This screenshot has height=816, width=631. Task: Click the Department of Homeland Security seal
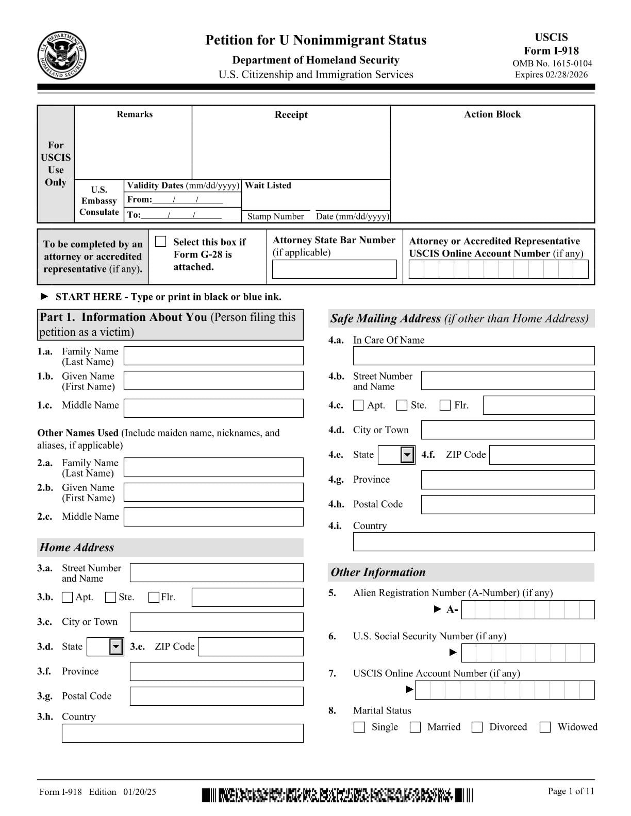pos(62,55)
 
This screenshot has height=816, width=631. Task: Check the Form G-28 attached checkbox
pos(161,242)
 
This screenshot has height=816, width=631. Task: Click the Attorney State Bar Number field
pos(334,269)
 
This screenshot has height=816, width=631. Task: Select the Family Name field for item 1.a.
pos(213,356)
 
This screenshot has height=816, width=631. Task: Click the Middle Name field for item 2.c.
pos(213,517)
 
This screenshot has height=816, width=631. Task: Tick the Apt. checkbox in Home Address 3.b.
pos(67,598)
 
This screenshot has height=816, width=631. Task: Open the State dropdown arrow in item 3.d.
pos(117,647)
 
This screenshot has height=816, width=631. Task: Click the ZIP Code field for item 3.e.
pos(251,647)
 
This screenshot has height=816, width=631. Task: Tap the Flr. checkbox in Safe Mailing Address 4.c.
pos(445,405)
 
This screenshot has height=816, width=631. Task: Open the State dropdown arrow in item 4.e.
pos(408,455)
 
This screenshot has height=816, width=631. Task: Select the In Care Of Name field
pos(473,356)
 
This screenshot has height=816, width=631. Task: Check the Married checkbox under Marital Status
pos(415,727)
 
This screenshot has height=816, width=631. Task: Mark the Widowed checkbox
pos(545,727)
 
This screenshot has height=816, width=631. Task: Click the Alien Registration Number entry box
pos(528,610)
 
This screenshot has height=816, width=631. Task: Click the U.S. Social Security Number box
pos(528,653)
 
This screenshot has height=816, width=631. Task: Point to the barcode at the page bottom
pos(337,795)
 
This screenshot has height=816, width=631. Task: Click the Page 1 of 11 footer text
pos(571,791)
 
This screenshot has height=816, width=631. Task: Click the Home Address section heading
pos(77,548)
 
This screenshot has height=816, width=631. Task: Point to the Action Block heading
pos(492,114)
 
